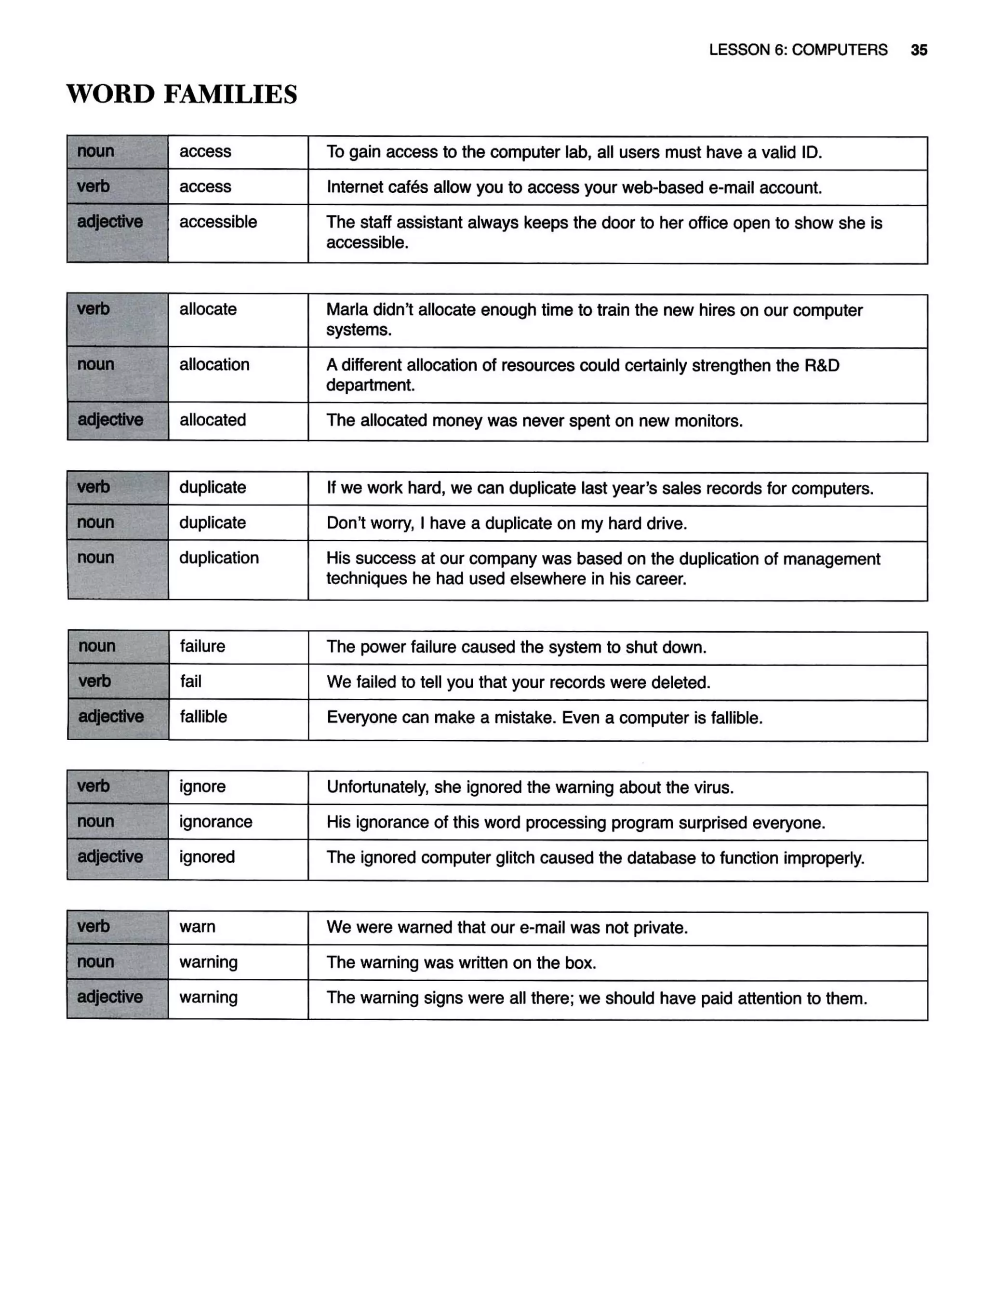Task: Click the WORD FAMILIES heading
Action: click(182, 94)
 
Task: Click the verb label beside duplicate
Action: click(93, 487)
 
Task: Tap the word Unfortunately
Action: click(377, 787)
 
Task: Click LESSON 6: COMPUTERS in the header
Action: click(797, 50)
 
